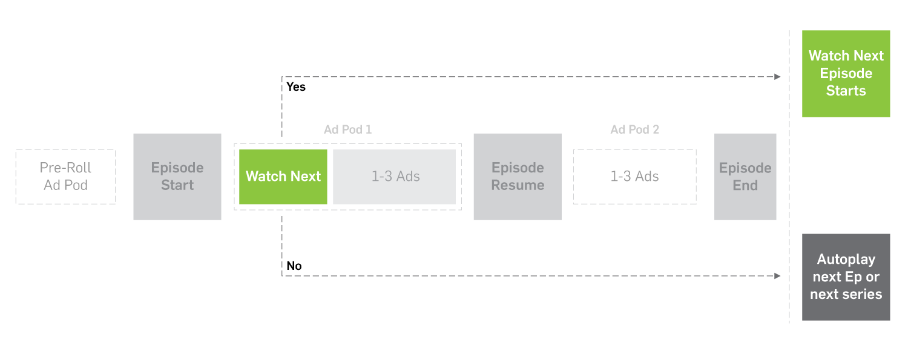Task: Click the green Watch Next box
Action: click(x=283, y=177)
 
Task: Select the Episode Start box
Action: click(x=177, y=177)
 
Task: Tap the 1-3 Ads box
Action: click(x=395, y=177)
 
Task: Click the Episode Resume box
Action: click(x=518, y=177)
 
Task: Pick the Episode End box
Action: click(x=745, y=177)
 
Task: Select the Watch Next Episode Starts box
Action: click(x=846, y=73)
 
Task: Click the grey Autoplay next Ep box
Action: click(x=846, y=277)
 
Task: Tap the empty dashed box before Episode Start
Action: click(x=65, y=177)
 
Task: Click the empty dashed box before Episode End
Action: click(x=634, y=177)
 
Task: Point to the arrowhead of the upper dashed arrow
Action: click(x=778, y=77)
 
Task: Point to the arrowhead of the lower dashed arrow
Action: click(x=778, y=276)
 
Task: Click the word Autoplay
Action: click(x=846, y=260)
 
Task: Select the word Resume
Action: click(x=518, y=185)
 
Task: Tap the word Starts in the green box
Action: click(x=846, y=91)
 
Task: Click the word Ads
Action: click(x=408, y=177)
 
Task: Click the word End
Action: click(x=745, y=185)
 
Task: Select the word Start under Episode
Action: click(x=177, y=185)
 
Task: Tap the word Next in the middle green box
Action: click(x=306, y=177)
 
